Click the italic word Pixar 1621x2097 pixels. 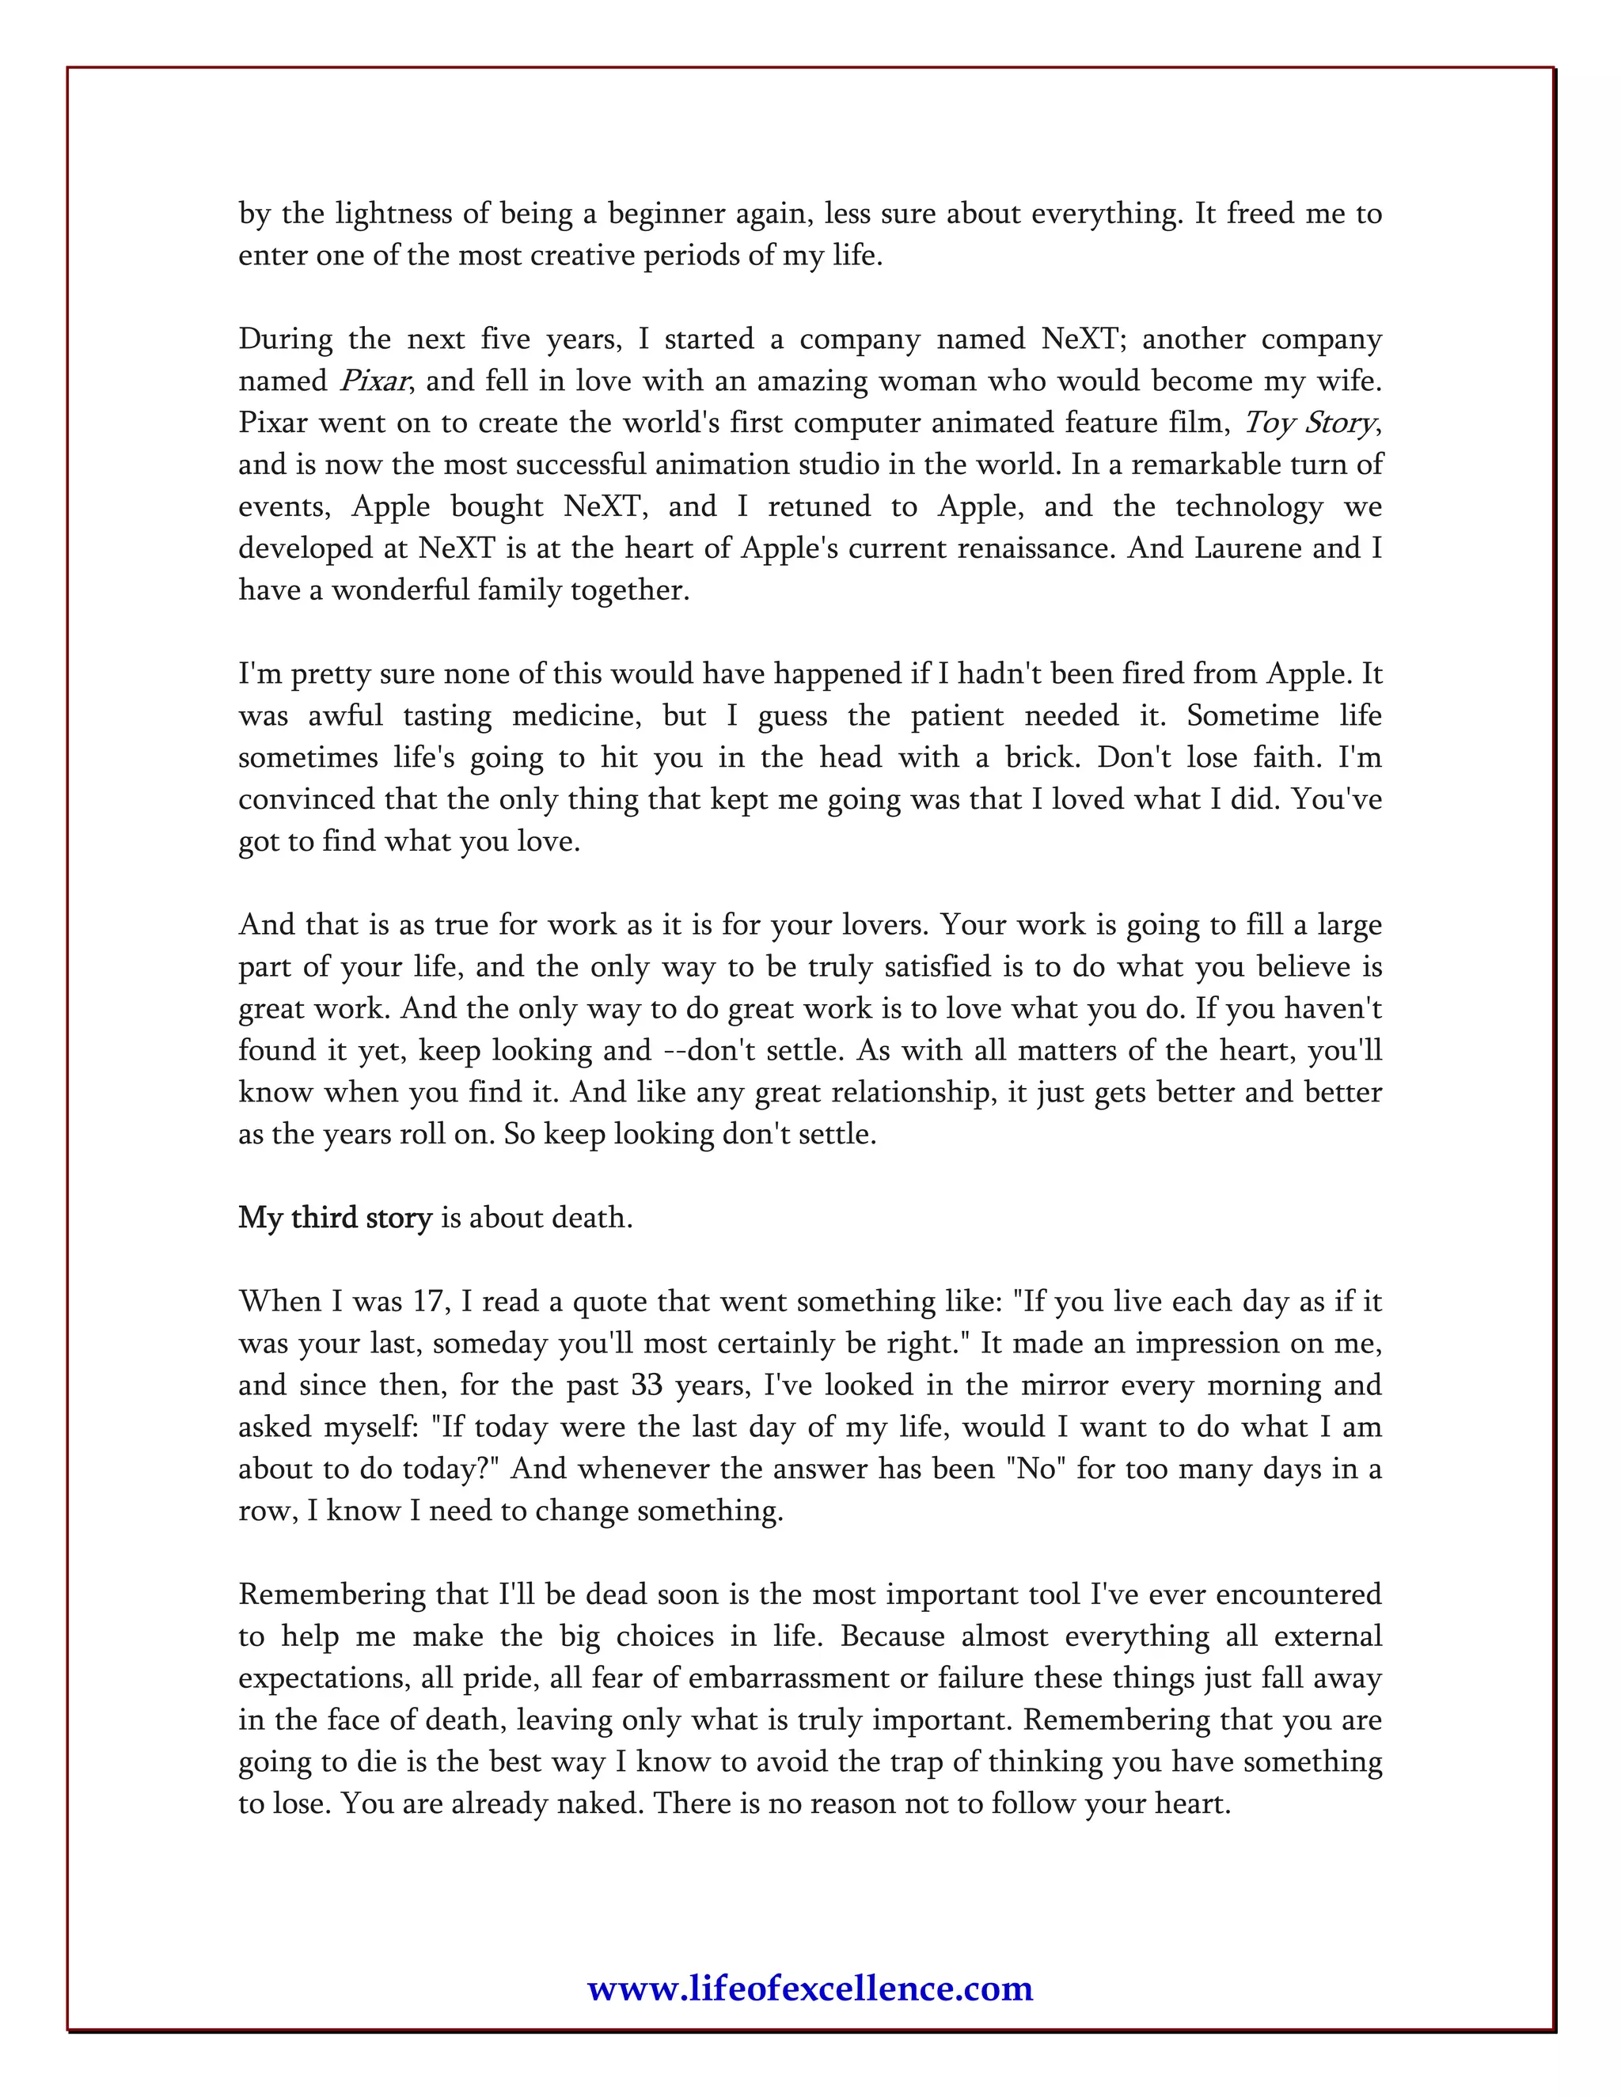pos(374,381)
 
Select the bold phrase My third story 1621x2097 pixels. pos(335,1218)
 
